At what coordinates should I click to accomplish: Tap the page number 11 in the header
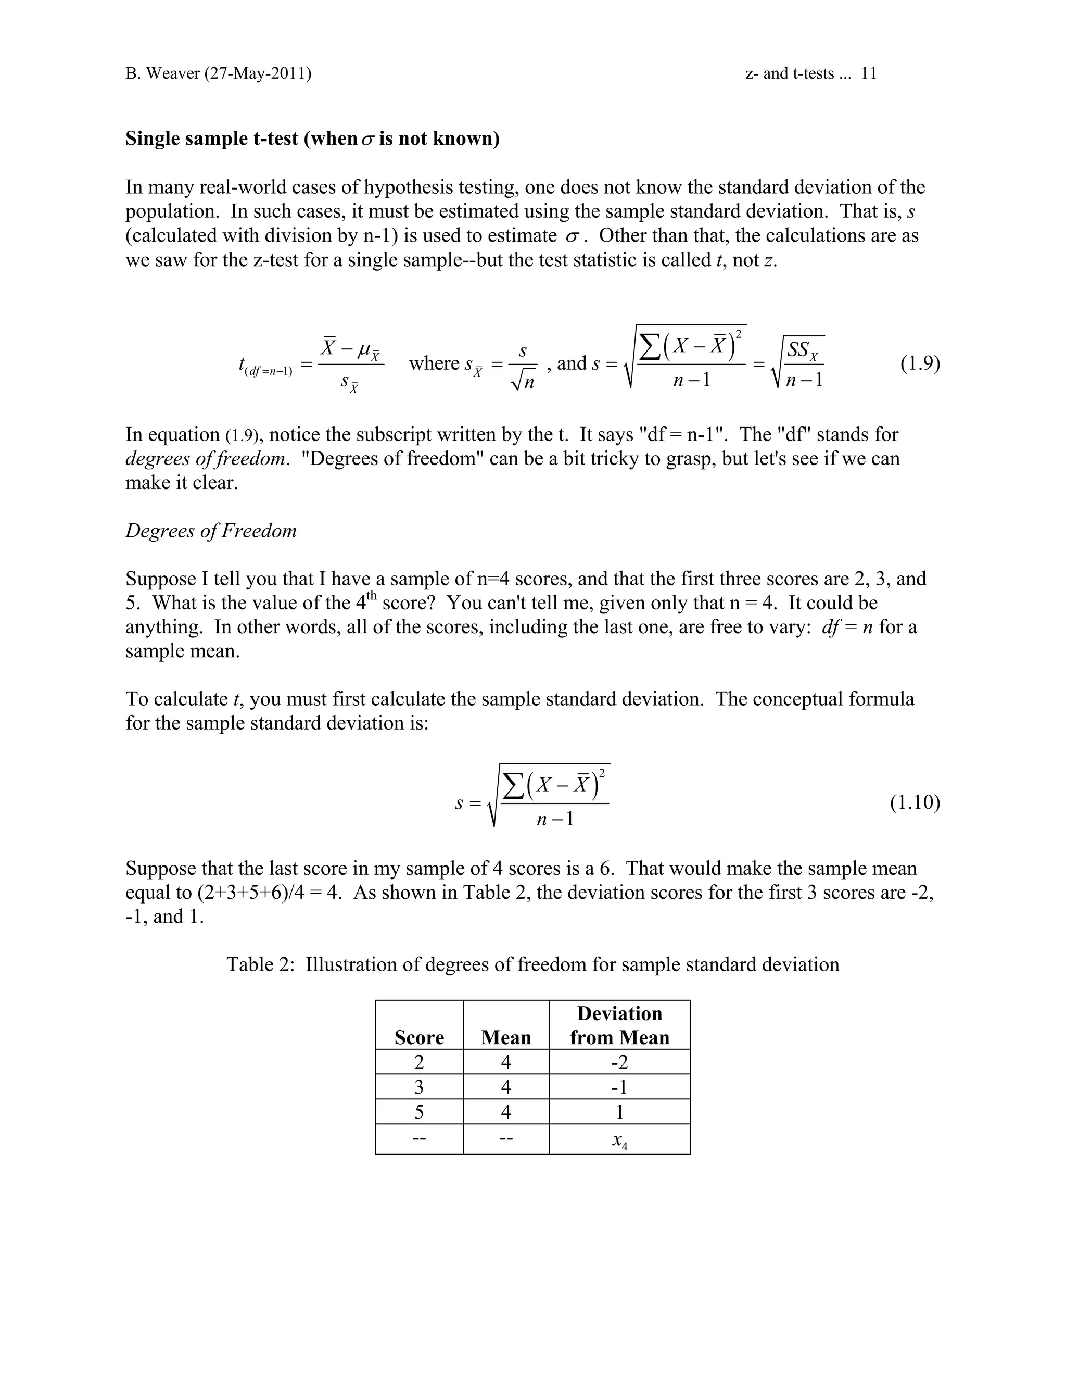coord(869,74)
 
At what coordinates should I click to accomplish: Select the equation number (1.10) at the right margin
coord(915,802)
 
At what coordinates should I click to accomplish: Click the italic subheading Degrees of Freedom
coord(211,530)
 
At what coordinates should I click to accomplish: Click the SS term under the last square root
coord(803,349)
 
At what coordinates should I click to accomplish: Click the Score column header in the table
coord(418,1037)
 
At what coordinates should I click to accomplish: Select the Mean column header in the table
coord(506,1037)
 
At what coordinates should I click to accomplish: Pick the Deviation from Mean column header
coord(619,1025)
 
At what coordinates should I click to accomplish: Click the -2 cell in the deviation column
coord(619,1062)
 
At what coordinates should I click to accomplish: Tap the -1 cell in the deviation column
coord(619,1087)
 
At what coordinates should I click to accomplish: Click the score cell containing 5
coord(418,1112)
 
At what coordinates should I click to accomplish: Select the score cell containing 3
coord(418,1087)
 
